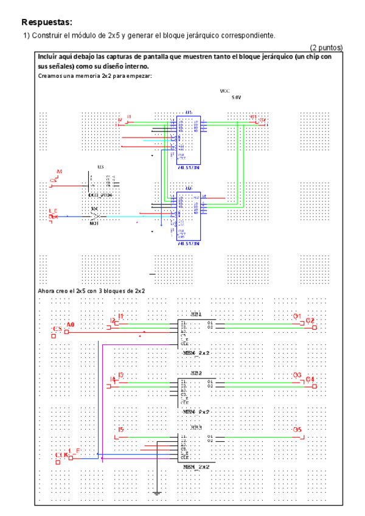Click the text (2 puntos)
(326, 47)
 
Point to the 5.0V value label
(236, 97)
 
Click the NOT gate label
(94, 223)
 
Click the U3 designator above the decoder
(100, 166)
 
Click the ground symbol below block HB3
(157, 491)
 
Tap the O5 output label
(297, 430)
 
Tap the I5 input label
(120, 430)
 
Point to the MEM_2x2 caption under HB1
(196, 354)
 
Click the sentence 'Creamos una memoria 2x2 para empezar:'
(94, 76)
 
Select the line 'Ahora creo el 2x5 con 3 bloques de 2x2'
(91, 291)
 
